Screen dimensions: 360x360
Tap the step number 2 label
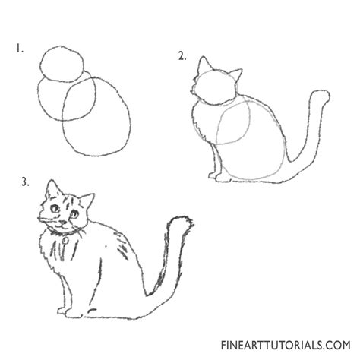coord(182,55)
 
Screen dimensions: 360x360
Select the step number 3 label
coord(25,182)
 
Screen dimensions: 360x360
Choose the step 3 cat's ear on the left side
coord(51,188)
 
